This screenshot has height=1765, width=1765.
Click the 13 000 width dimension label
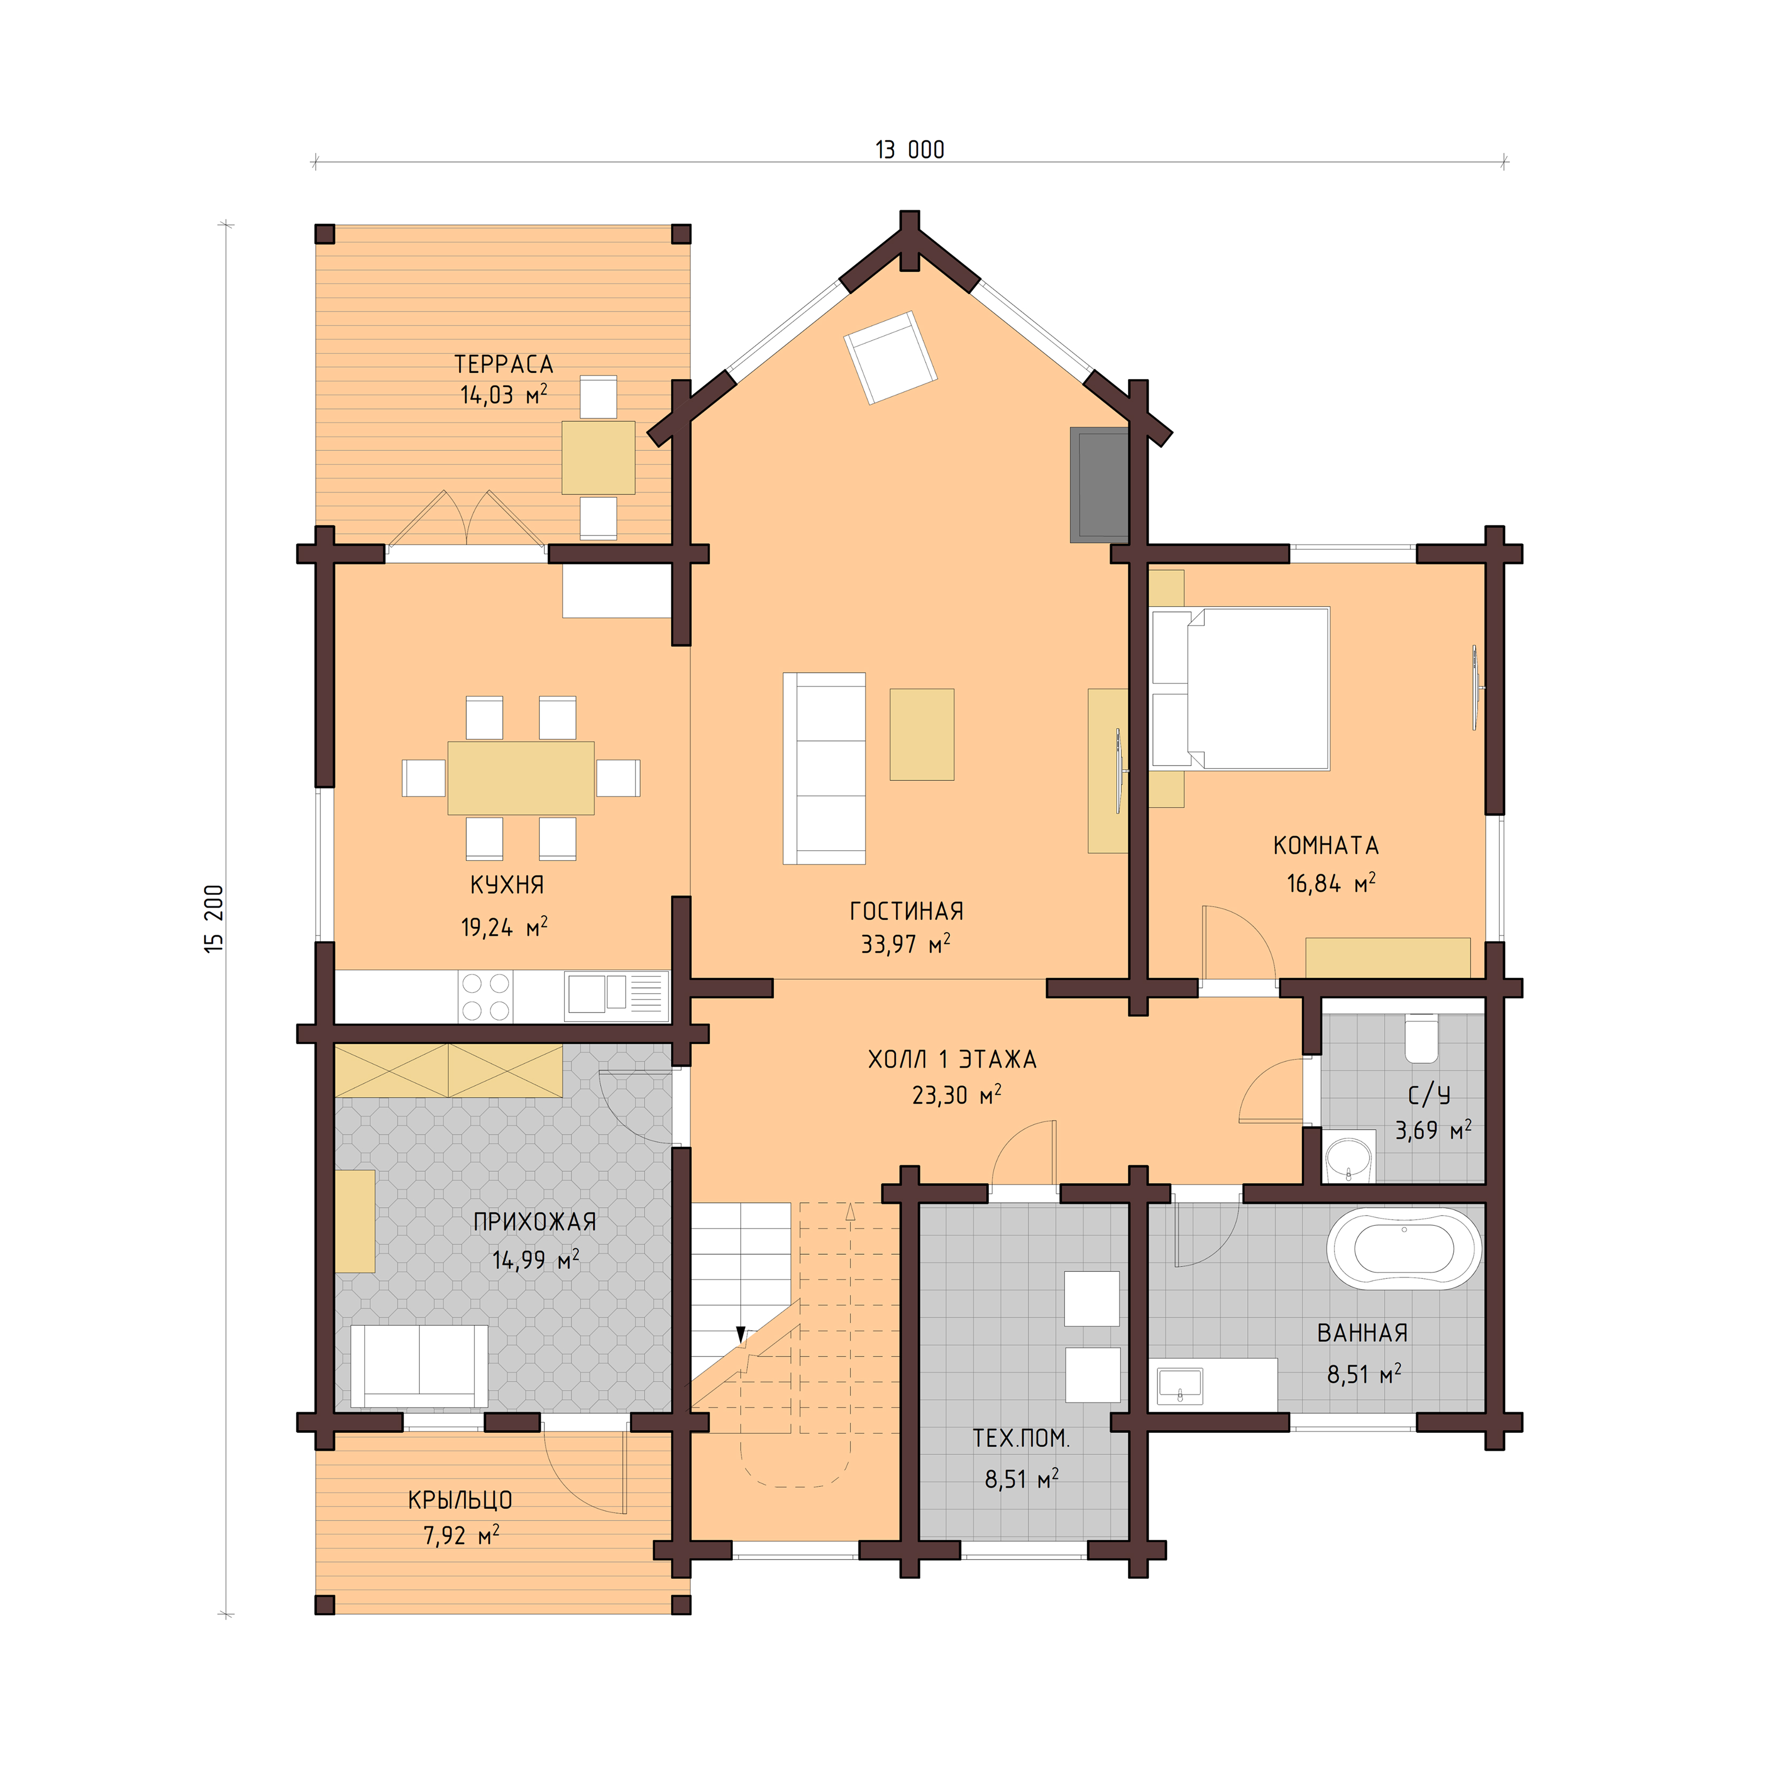[909, 150]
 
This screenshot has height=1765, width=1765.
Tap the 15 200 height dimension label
[214, 919]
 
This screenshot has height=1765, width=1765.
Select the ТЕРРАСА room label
[503, 365]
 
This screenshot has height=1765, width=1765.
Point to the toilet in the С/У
[1422, 1039]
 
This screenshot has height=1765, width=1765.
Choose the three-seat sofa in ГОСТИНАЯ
[824, 768]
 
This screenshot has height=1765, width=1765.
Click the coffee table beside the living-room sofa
[922, 734]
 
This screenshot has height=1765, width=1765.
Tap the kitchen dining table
[521, 778]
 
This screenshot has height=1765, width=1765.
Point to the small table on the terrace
[598, 457]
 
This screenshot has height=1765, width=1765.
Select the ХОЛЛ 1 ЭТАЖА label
[952, 1060]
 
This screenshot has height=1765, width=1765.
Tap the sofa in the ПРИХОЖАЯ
[419, 1367]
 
